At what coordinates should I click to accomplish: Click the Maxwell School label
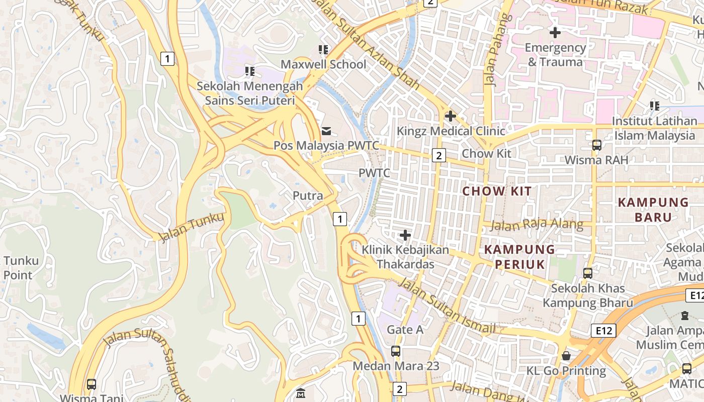point(323,64)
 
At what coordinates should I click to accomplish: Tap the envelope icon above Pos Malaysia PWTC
point(326,131)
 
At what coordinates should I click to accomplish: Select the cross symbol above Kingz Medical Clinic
point(450,117)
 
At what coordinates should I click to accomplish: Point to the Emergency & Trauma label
point(555,55)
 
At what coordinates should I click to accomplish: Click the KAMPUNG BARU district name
point(653,210)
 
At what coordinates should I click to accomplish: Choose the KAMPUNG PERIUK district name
point(519,257)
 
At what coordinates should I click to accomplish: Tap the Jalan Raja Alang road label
point(537,225)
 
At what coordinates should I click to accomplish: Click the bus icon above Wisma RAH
point(596,145)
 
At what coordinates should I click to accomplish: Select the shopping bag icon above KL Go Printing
point(566,356)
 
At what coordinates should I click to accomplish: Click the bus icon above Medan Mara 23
point(396,351)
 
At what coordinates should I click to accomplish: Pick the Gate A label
point(405,330)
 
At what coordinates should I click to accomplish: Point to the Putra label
point(308,195)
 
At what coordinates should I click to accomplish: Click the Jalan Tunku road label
point(191,227)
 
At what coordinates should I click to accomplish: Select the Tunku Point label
point(20,268)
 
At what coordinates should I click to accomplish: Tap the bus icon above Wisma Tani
point(91,384)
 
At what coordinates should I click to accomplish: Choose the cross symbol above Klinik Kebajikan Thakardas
point(405,235)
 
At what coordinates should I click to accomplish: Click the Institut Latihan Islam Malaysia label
point(654,128)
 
